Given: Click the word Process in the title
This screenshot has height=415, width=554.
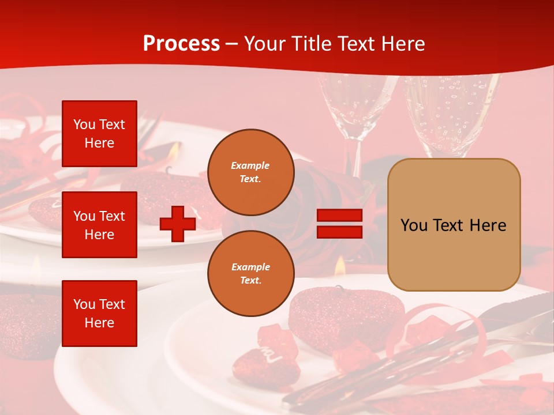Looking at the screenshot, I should (181, 44).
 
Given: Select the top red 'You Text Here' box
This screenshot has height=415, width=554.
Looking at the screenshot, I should (99, 134).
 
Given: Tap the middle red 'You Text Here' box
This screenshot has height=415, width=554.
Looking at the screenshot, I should (99, 225).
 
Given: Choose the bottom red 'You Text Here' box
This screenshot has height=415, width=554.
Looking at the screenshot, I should (99, 313).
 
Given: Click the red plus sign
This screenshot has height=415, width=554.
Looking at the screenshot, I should (178, 224).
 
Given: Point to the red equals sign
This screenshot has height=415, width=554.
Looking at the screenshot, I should (339, 224).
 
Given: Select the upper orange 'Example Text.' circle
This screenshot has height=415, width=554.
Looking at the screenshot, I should (250, 172).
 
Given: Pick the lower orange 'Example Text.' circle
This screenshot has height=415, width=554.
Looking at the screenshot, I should (250, 273).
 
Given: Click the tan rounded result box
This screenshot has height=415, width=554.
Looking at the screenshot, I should (454, 225).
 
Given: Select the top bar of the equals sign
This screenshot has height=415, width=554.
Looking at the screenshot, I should (339, 215).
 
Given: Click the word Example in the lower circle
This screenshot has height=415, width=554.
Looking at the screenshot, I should (250, 267).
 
